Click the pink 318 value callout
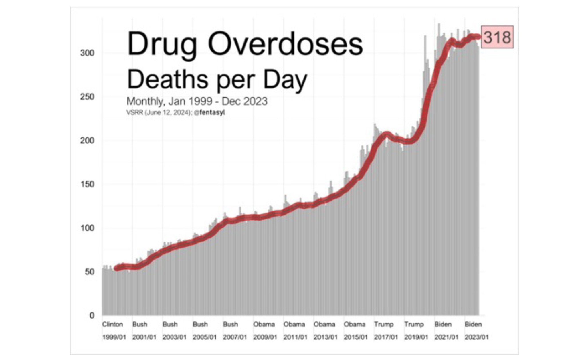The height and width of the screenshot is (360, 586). click(x=497, y=37)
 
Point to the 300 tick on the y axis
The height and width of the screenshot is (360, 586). click(x=87, y=53)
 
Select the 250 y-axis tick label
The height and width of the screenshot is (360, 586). click(x=87, y=97)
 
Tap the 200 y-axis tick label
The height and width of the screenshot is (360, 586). click(x=87, y=141)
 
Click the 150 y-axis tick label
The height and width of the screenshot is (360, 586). click(x=87, y=184)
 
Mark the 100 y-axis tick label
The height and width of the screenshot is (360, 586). click(x=87, y=228)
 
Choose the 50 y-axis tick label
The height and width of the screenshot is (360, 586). click(x=89, y=272)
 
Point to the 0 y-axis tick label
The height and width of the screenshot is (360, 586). click(x=92, y=315)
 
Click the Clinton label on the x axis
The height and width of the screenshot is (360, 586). click(x=112, y=324)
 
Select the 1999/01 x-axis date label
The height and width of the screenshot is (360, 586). click(x=114, y=337)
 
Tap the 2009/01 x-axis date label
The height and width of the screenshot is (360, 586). click(x=265, y=337)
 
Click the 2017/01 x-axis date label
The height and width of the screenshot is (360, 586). click(x=386, y=337)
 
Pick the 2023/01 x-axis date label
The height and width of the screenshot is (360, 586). click(x=476, y=337)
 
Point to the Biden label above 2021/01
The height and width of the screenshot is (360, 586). click(x=443, y=324)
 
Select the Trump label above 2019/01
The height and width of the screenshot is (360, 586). click(x=414, y=324)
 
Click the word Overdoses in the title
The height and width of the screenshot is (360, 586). click(x=285, y=44)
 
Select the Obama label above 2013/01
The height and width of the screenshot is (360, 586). click(x=324, y=324)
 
